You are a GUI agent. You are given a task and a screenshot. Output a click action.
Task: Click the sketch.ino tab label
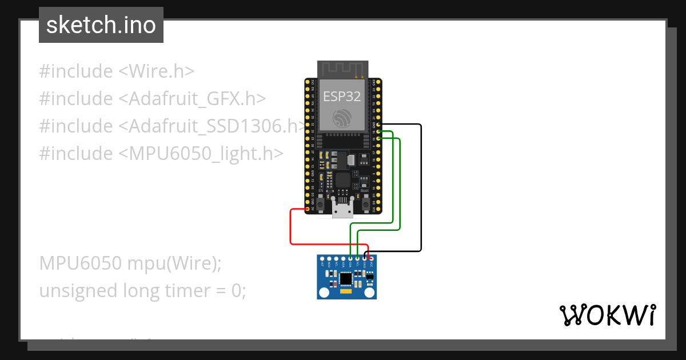pos(101,25)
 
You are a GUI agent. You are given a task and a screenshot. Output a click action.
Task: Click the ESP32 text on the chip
pos(342,97)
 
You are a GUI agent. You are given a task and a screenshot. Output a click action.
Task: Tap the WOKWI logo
pos(607,315)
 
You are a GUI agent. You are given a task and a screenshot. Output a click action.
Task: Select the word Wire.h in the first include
pos(162,71)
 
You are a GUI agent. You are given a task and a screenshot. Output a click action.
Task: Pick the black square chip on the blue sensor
pos(346,279)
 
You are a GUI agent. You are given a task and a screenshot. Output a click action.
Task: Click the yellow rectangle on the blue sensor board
pos(346,292)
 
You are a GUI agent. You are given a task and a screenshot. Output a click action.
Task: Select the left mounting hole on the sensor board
pos(324,293)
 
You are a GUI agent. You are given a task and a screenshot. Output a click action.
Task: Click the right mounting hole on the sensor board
pos(371,293)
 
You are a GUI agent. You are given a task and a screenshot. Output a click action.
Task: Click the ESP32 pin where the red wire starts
pos(308,209)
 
